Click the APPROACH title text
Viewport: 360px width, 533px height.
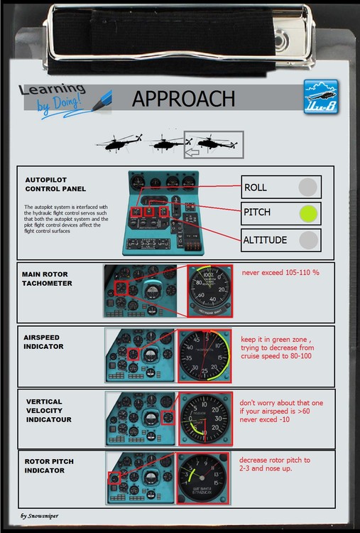(183, 99)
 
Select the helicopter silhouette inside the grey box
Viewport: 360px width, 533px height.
(214, 144)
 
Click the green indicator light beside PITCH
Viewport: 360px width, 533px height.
(307, 212)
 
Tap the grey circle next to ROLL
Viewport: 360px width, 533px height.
(307, 187)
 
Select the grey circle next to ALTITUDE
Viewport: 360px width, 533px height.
(307, 239)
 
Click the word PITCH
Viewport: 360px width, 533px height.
(257, 212)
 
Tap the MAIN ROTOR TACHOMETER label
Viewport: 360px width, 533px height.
(50, 278)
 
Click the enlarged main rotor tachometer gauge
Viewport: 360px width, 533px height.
(209, 291)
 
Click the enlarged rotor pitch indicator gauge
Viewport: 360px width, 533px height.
(204, 480)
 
